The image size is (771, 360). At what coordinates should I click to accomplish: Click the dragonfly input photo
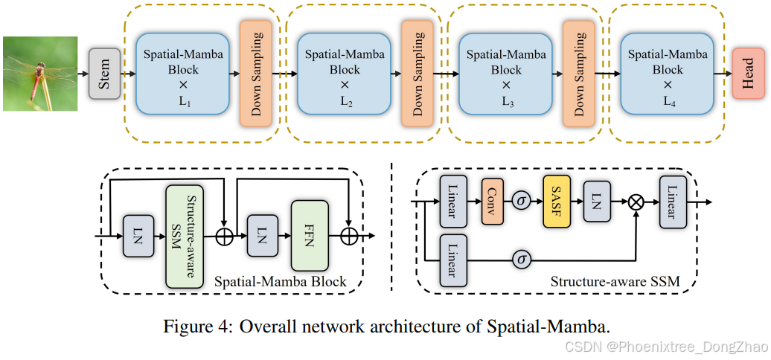click(40, 74)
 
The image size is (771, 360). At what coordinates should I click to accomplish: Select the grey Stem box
click(104, 74)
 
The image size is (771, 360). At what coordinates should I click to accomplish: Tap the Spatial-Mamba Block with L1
click(182, 74)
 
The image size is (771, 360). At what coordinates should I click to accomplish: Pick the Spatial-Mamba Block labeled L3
click(506, 74)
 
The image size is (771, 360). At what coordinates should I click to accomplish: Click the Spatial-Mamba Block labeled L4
click(668, 74)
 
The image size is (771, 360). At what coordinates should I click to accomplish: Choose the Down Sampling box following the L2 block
click(416, 74)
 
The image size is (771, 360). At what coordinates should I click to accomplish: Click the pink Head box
click(749, 74)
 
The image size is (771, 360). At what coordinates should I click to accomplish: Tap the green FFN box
click(310, 236)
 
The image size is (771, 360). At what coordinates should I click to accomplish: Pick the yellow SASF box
click(555, 200)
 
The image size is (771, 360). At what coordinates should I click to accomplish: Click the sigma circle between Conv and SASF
click(521, 200)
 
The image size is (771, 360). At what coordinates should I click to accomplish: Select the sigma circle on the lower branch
click(521, 260)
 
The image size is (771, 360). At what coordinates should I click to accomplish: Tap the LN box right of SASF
click(596, 200)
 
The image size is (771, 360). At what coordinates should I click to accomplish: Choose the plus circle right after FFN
click(350, 237)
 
